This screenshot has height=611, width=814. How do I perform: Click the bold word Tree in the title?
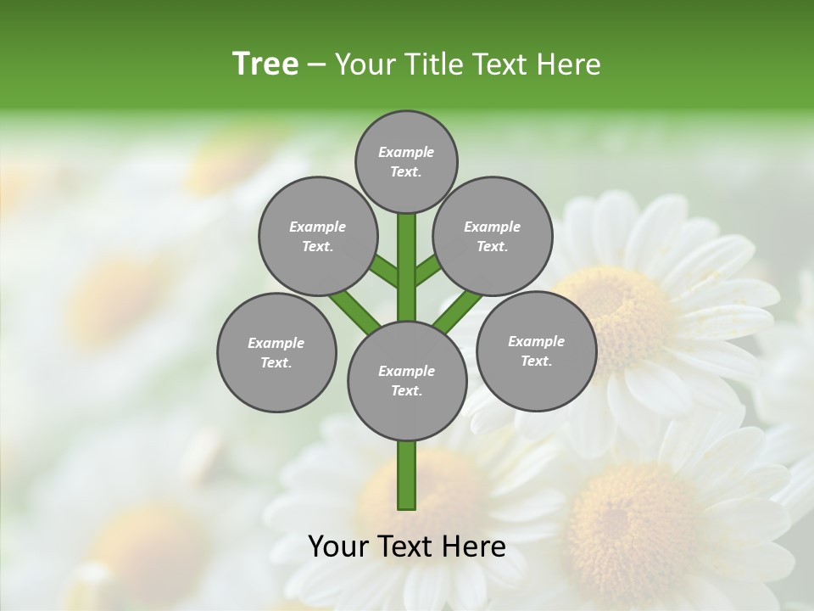click(x=265, y=64)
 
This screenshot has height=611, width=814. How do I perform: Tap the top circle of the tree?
click(x=406, y=161)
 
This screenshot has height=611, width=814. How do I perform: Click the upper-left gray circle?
click(x=317, y=236)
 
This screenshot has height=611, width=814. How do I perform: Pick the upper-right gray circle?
click(x=492, y=236)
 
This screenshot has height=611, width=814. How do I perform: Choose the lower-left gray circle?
click(x=276, y=352)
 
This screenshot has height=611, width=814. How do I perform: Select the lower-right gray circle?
click(x=536, y=350)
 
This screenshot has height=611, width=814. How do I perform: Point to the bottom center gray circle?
click(x=406, y=380)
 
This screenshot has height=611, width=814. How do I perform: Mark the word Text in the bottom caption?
click(x=406, y=547)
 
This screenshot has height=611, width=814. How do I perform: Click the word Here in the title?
click(x=569, y=64)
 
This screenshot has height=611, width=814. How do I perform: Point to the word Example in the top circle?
click(x=406, y=152)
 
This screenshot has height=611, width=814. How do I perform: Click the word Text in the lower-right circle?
click(x=535, y=362)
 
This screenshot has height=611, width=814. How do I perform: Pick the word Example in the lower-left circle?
click(x=276, y=343)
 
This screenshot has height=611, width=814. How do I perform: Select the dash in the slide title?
click(x=316, y=64)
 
